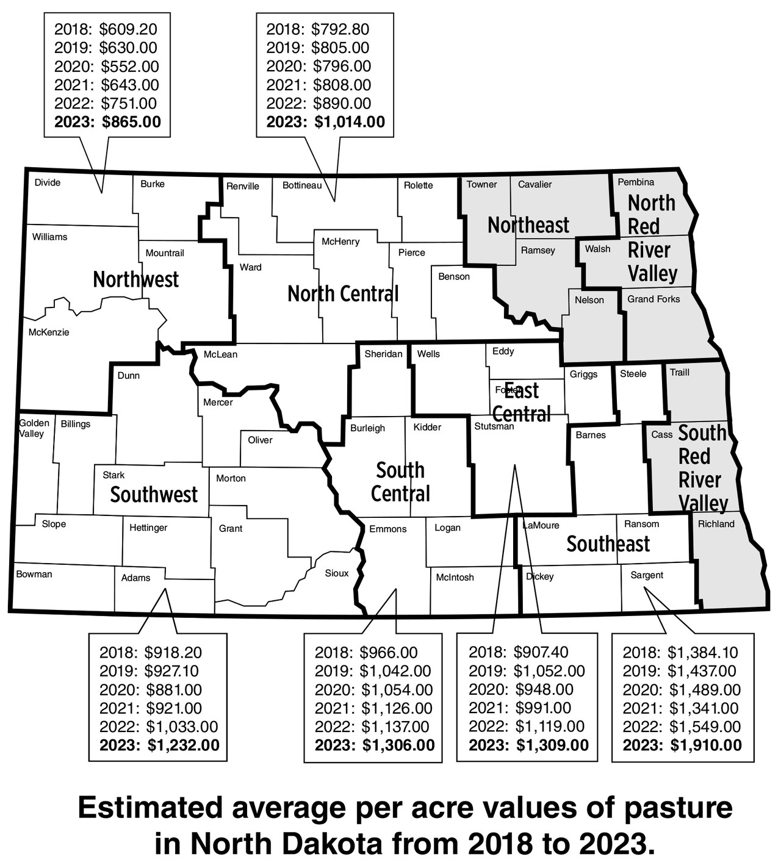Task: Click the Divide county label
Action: [x=47, y=182]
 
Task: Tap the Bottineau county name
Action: [x=301, y=185]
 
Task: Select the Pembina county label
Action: [x=636, y=182]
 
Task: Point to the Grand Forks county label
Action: [x=653, y=299]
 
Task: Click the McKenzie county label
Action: [x=49, y=332]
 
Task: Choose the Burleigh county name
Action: [x=367, y=428]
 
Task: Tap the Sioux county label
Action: [x=337, y=573]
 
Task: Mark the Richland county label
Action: [x=716, y=523]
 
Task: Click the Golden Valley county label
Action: [x=34, y=428]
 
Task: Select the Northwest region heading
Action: [x=135, y=279]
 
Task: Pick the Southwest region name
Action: [x=154, y=494]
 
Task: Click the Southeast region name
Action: [x=608, y=543]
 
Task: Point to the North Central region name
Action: [x=343, y=294]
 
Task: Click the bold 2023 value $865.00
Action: [x=131, y=122]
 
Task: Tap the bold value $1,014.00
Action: [x=350, y=122]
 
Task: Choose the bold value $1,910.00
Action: [x=706, y=745]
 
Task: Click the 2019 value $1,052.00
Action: [x=549, y=671]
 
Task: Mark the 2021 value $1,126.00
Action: [x=396, y=708]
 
